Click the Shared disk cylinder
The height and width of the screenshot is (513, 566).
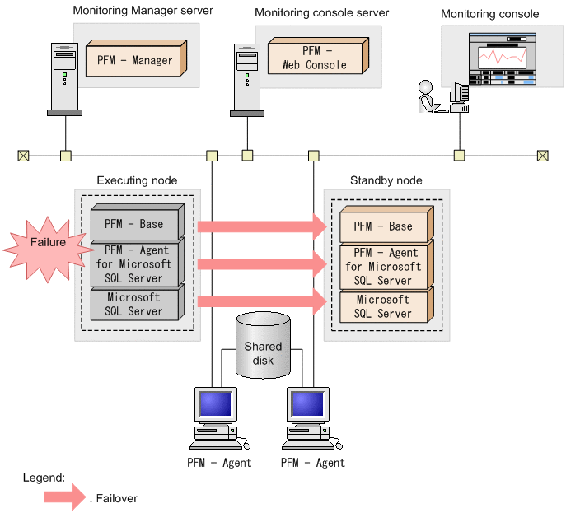pyautogui.click(x=262, y=345)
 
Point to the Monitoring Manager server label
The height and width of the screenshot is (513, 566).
pyautogui.click(x=143, y=11)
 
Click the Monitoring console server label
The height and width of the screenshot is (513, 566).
pyautogui.click(x=321, y=13)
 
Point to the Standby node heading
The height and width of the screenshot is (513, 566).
pyautogui.click(x=386, y=180)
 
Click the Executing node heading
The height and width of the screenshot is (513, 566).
pyautogui.click(x=137, y=180)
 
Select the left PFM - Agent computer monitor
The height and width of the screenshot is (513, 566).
pyautogui.click(x=213, y=405)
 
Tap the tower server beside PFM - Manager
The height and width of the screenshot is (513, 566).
pyautogui.click(x=64, y=78)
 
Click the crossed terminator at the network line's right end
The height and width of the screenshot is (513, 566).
pyautogui.click(x=542, y=155)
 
